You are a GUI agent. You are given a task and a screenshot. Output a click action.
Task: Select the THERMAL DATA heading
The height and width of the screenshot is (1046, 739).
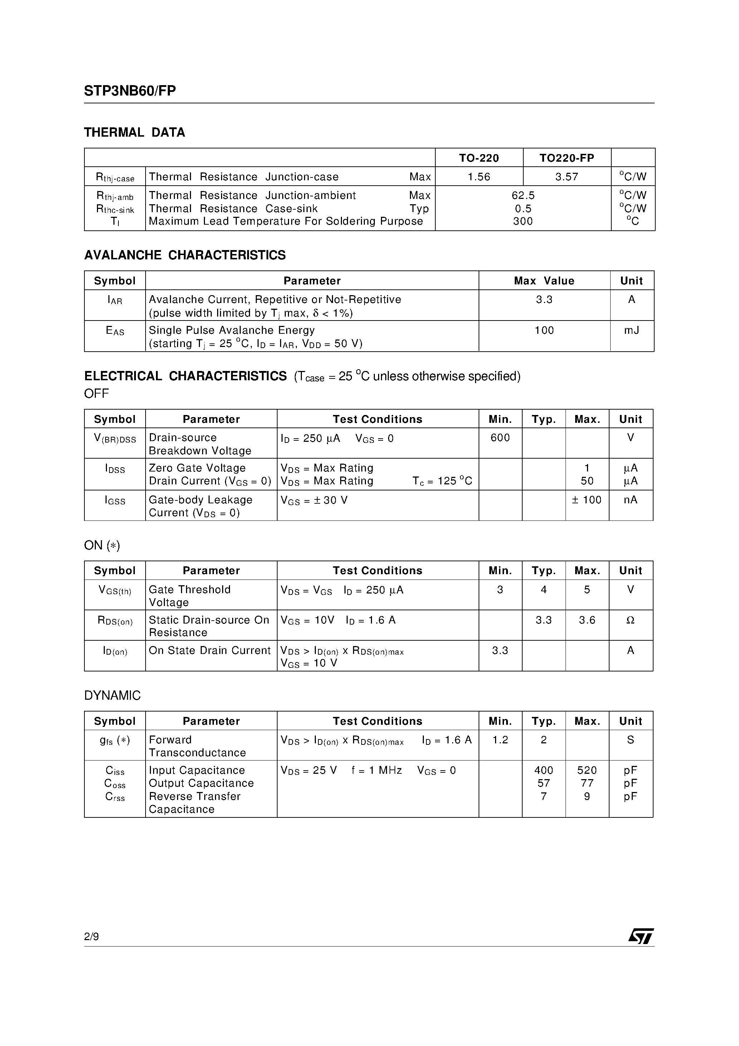(134, 133)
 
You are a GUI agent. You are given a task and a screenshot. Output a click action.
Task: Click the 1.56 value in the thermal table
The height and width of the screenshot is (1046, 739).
(479, 177)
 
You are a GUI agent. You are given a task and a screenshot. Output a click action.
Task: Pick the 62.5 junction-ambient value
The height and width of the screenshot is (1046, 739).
(523, 195)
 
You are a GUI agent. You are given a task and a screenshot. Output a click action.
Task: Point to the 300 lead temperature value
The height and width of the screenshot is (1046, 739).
(523, 221)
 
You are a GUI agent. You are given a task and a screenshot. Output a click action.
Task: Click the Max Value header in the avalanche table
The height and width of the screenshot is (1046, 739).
(544, 280)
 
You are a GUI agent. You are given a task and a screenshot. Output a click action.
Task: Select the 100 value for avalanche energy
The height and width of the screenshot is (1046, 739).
(544, 330)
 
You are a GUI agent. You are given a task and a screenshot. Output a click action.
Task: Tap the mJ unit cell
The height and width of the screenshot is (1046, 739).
(631, 330)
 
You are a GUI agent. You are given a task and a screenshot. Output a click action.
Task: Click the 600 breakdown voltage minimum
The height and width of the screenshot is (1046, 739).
(500, 438)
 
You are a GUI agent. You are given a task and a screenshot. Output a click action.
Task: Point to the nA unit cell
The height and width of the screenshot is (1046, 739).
(631, 500)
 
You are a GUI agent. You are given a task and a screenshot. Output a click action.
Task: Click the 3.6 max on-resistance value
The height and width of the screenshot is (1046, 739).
(587, 620)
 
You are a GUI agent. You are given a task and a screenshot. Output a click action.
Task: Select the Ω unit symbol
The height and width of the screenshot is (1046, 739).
(631, 620)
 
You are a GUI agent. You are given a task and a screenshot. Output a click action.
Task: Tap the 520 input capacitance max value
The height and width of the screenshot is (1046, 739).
(587, 771)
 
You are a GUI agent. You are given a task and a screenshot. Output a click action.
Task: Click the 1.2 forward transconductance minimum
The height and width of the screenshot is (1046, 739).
(500, 740)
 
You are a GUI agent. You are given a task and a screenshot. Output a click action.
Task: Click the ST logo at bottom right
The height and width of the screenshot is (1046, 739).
(641, 936)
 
